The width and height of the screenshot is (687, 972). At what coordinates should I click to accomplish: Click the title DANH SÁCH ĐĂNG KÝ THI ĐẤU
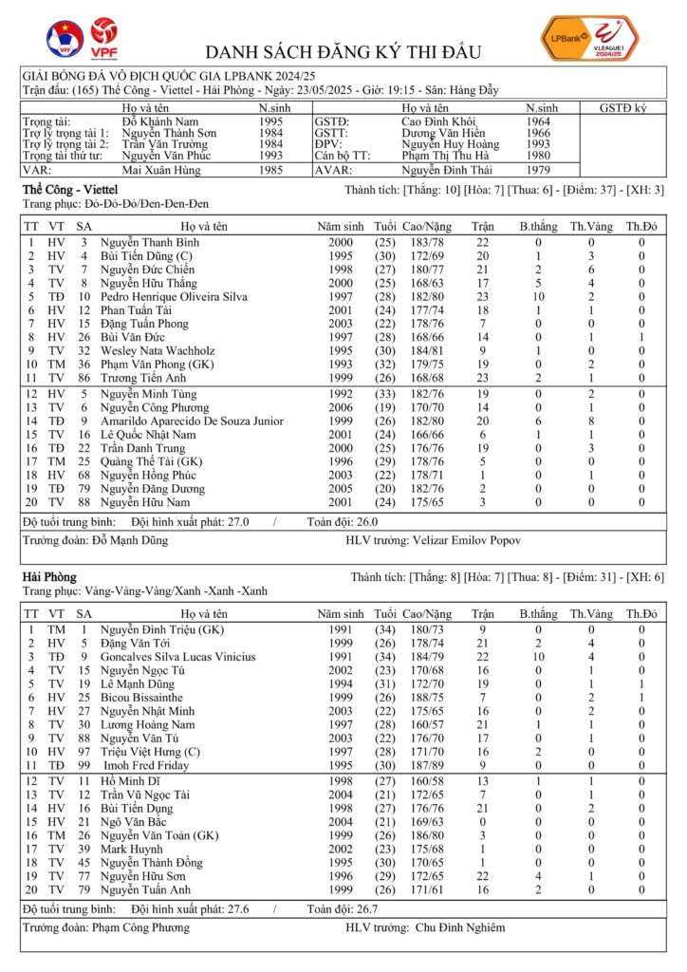point(343,51)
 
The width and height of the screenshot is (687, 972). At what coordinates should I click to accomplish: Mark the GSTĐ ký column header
point(622,108)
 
